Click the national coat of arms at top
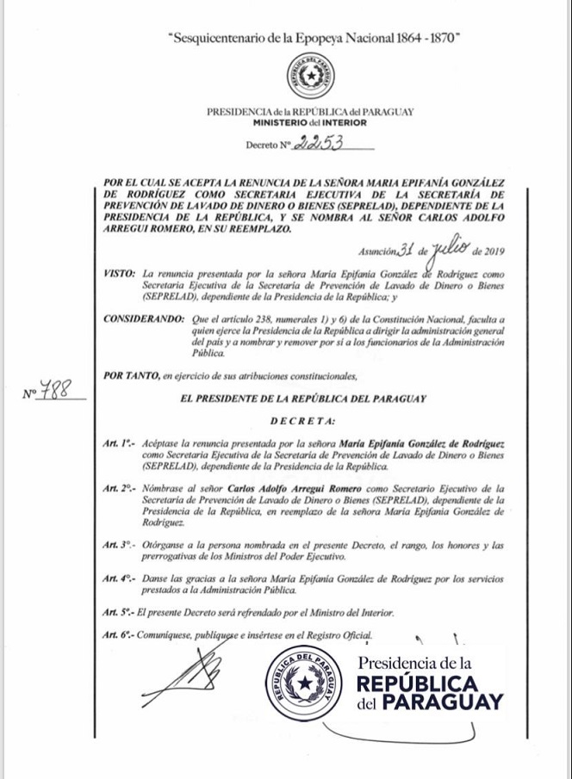coord(311,75)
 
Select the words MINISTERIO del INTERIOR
coord(311,123)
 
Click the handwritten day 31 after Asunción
coord(406,250)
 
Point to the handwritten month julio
coord(448,248)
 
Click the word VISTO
coord(118,273)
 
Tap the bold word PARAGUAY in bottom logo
coord(443,702)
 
